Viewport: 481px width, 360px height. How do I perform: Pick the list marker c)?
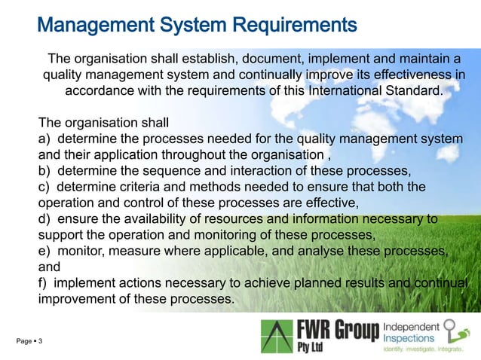[44, 187]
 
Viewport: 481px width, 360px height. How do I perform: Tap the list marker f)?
[43, 283]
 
